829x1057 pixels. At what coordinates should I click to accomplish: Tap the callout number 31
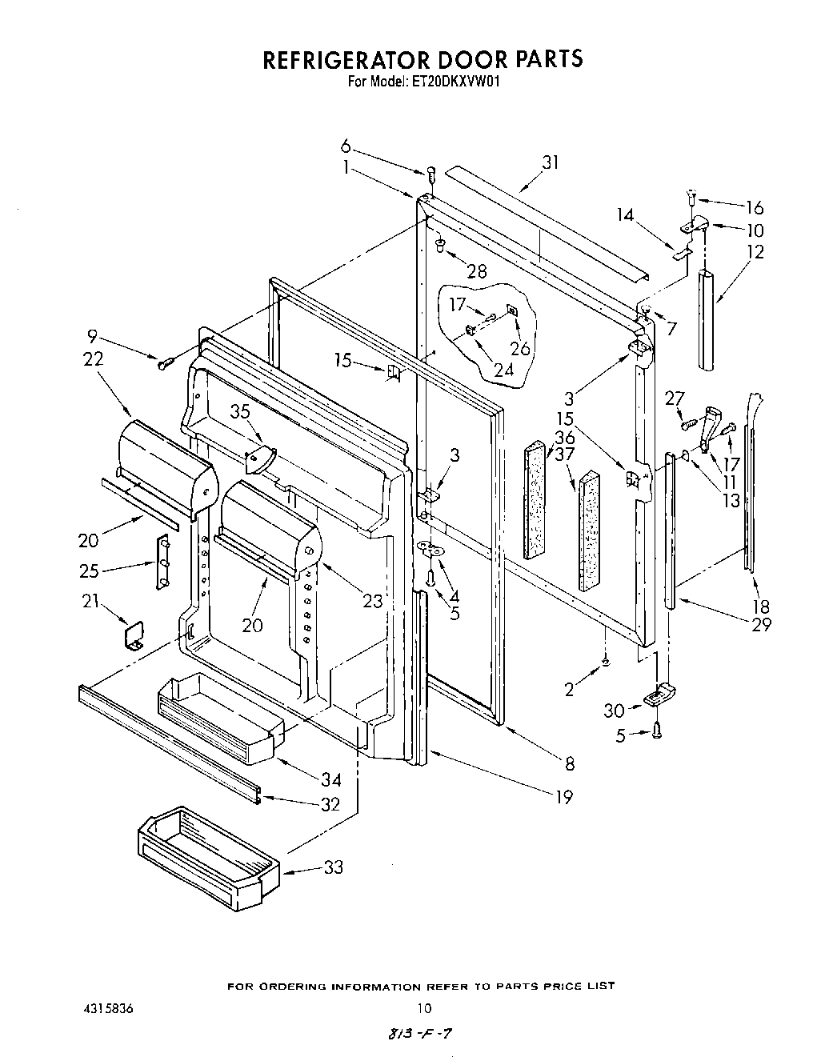[x=550, y=162]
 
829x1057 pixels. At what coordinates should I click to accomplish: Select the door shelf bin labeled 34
[x=221, y=716]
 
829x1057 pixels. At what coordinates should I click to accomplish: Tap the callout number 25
[x=90, y=570]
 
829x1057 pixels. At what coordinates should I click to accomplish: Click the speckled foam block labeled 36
[x=534, y=501]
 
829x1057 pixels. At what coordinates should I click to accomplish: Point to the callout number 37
[x=565, y=454]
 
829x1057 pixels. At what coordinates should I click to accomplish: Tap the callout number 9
[x=93, y=338]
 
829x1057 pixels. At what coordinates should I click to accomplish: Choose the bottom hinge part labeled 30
[x=658, y=696]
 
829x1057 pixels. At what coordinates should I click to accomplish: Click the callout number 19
[x=564, y=796]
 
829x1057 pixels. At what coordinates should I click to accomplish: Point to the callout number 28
[x=476, y=271]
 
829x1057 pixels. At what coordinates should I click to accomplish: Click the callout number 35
[x=241, y=412]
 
